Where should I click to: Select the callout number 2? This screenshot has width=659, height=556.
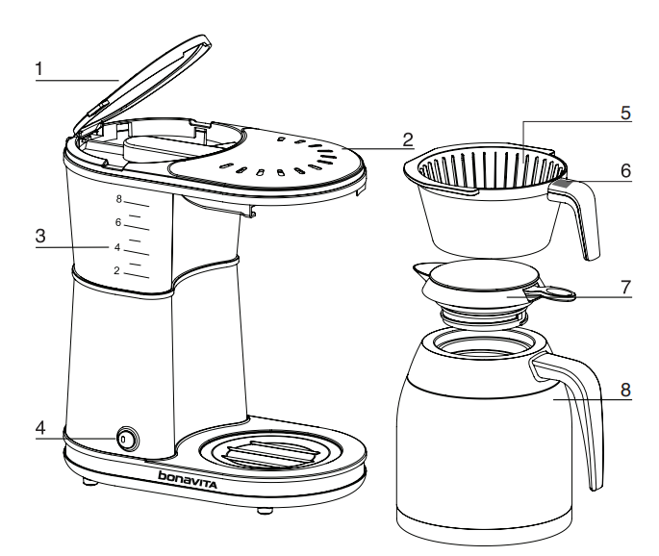click(408, 139)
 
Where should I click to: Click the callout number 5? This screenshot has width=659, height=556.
click(625, 113)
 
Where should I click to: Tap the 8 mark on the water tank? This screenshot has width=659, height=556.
click(118, 200)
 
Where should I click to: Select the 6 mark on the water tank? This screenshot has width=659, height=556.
click(118, 223)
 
